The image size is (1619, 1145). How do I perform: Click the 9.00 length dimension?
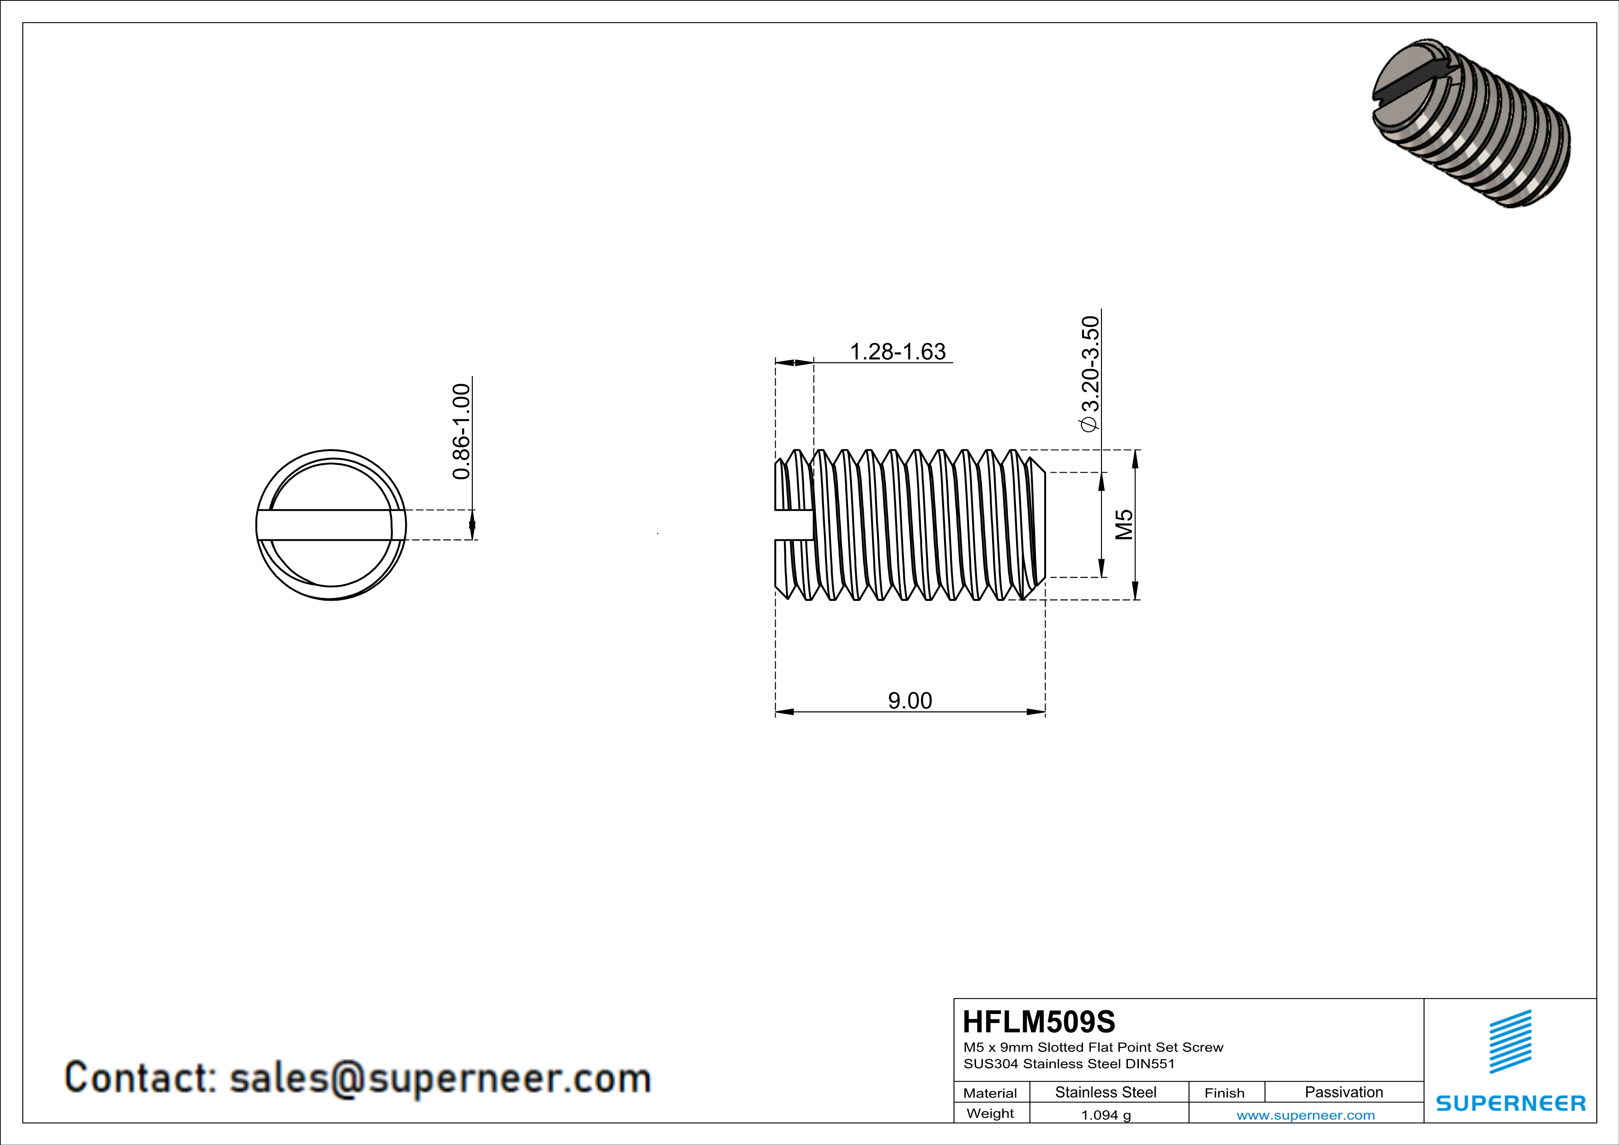[x=909, y=701]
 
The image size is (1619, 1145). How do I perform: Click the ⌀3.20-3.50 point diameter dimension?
[x=1089, y=373]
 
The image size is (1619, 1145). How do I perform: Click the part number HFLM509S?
[x=1039, y=1022]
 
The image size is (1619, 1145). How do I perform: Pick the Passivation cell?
[x=1343, y=1092]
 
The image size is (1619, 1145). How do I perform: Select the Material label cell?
[x=990, y=1093]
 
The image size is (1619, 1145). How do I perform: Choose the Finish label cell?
[x=1224, y=1093]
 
